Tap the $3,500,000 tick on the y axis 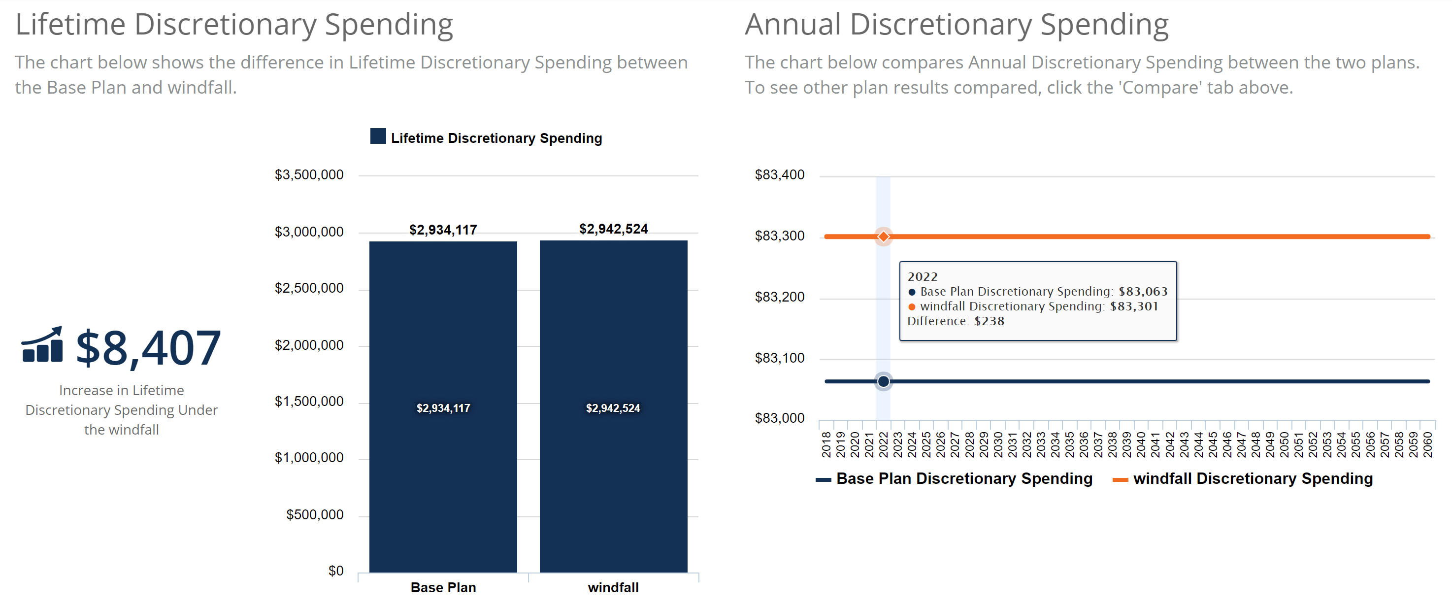tap(309, 175)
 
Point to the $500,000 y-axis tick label tap(315, 514)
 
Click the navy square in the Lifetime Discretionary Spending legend tap(378, 136)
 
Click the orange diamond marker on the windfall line tap(883, 236)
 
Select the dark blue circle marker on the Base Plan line tap(883, 382)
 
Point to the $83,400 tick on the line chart tap(780, 175)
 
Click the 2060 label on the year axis tap(1427, 444)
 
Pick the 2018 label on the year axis tap(826, 444)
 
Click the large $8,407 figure tap(148, 348)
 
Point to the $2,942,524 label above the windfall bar tap(613, 229)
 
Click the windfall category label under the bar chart tap(613, 588)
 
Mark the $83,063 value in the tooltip tap(1143, 292)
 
